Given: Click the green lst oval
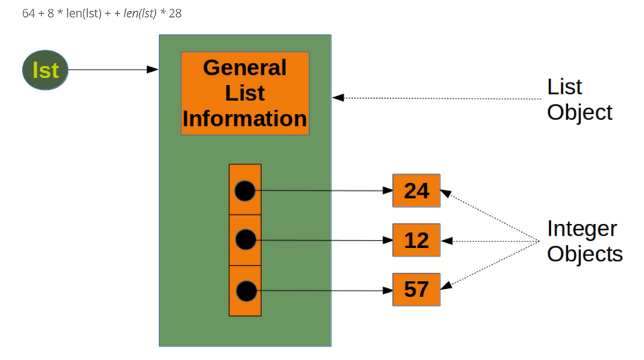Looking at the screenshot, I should [45, 70].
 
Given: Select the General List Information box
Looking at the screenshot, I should [244, 94].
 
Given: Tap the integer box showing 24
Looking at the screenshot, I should [416, 191].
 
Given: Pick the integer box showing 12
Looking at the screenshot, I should [416, 240].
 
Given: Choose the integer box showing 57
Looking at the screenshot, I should [416, 290].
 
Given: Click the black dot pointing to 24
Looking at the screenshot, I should [245, 191].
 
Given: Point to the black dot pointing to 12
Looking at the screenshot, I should [245, 239].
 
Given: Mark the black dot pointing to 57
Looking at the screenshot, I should [245, 290].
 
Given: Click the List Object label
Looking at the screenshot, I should [580, 100].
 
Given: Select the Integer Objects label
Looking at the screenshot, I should [585, 241].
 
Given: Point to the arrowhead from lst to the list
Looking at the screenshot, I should [153, 70].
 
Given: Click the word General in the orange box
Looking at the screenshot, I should [244, 68].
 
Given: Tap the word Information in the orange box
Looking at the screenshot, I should [244, 119].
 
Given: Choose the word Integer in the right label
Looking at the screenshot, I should [582, 228].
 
